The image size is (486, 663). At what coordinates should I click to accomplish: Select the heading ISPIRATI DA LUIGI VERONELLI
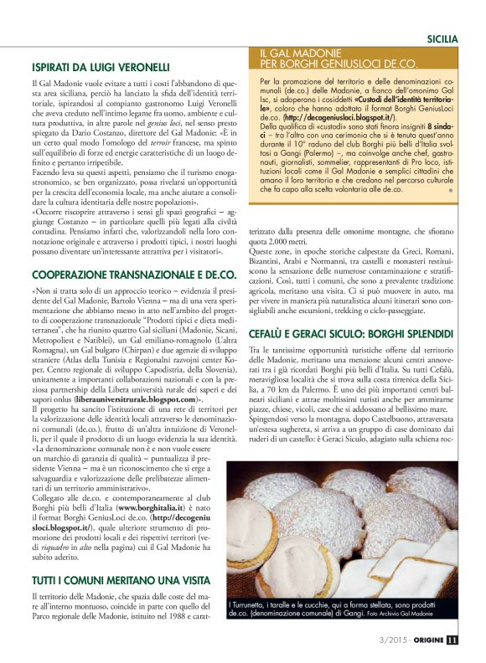[x=101, y=67]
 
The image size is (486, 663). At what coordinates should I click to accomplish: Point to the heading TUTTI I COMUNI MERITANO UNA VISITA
[x=120, y=578]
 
